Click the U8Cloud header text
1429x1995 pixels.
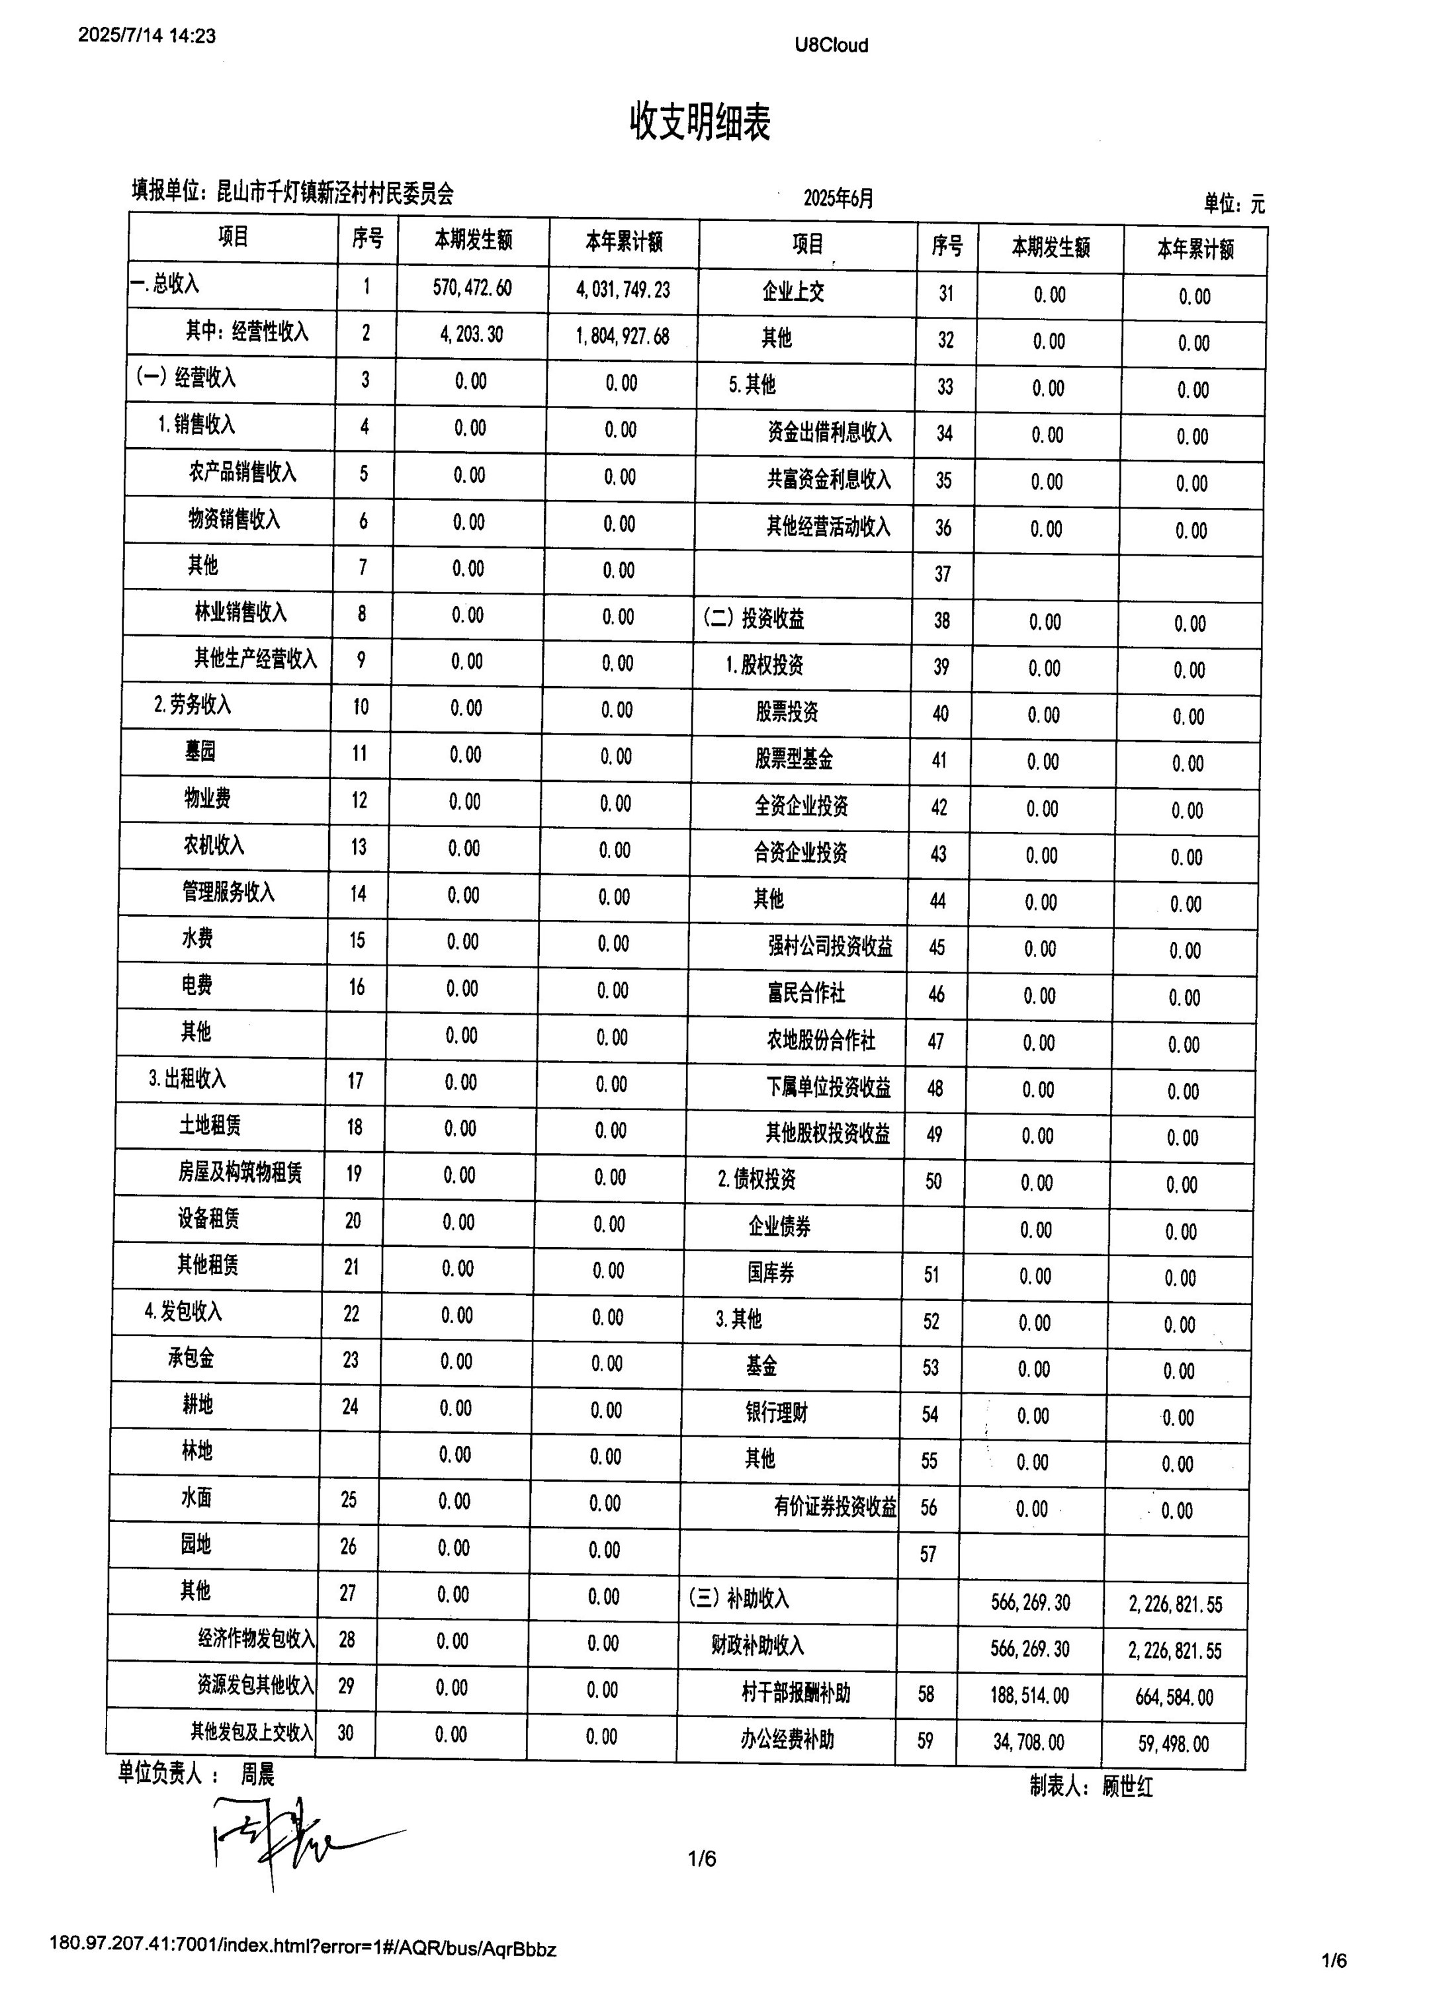831,45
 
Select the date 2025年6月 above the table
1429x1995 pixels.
838,198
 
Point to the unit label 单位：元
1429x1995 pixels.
1234,204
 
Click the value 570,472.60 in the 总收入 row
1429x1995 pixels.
472,288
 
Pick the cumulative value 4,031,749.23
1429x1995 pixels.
623,290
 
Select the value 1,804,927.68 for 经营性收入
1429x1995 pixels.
622,336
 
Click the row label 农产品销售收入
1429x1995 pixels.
243,472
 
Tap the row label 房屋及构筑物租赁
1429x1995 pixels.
239,1173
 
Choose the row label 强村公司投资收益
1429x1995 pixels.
830,947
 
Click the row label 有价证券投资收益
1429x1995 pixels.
835,1507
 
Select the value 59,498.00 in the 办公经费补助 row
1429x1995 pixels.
1173,1744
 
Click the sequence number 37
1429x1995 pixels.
942,574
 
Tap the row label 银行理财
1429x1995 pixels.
776,1414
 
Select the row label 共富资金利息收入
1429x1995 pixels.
829,480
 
